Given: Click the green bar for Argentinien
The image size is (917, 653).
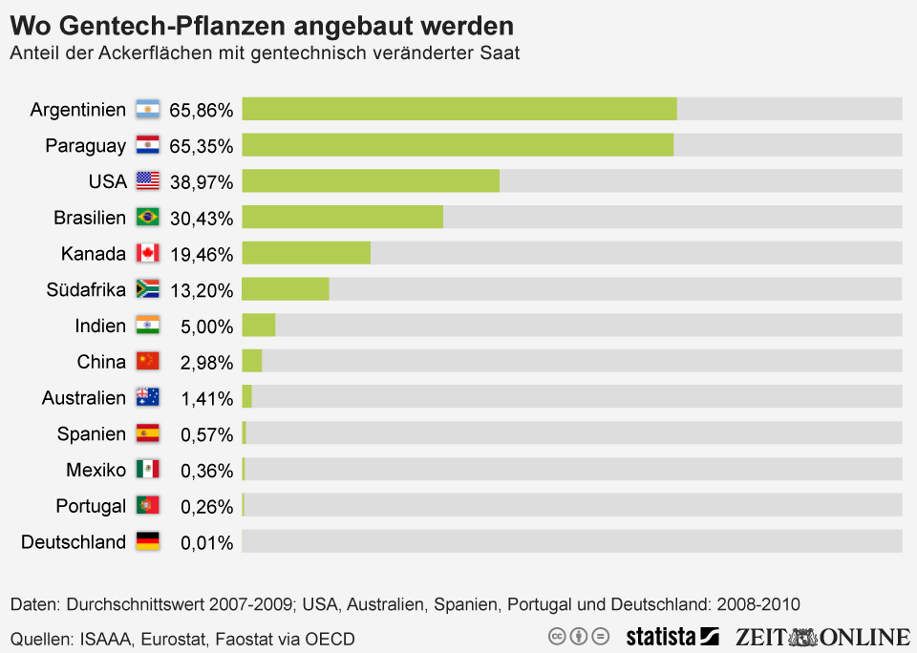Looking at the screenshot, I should (458, 109).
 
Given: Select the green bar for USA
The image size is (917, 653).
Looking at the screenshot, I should (371, 181).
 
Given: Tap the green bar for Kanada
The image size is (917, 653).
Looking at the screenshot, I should (306, 253).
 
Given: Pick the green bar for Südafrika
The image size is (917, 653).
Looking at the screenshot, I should (285, 289).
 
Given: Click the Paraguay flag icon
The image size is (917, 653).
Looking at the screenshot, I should (147, 145).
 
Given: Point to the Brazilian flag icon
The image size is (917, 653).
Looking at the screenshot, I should (147, 218).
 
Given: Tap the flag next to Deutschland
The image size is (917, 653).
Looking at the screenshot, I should (147, 541).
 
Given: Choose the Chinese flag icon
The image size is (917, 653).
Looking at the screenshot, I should (147, 362).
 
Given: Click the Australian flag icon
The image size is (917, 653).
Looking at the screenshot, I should (147, 397).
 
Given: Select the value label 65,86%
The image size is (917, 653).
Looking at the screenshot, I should (201, 110).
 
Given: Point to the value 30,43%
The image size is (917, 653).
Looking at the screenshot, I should (201, 219).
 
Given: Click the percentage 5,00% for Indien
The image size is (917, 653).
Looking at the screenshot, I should (206, 326).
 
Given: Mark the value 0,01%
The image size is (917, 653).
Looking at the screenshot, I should (206, 542).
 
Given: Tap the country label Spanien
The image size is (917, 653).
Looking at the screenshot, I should (91, 434).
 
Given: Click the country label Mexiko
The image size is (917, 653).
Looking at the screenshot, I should (96, 470).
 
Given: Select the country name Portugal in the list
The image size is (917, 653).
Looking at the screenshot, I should (91, 506).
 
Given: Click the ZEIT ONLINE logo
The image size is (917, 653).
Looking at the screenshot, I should (822, 636).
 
